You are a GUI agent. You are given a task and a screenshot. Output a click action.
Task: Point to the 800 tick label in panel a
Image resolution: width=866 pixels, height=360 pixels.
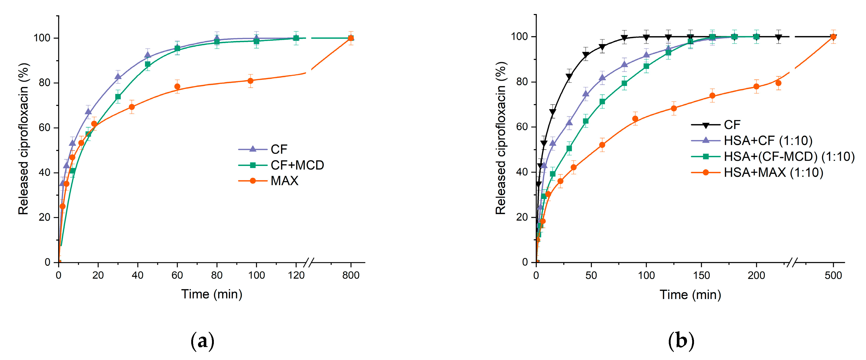[x=351, y=275]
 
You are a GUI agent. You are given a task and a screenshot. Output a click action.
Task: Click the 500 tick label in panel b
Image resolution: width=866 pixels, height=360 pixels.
[x=833, y=275]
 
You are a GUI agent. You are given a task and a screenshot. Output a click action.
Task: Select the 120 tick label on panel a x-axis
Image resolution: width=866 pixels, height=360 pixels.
[x=296, y=275]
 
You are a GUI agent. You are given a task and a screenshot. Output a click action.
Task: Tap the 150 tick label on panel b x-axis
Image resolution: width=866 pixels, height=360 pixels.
[x=701, y=275]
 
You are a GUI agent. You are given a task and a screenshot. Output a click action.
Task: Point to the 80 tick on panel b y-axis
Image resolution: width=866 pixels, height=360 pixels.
[x=522, y=82]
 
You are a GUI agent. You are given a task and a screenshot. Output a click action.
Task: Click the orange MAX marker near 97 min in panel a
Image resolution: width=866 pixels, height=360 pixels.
[x=250, y=81]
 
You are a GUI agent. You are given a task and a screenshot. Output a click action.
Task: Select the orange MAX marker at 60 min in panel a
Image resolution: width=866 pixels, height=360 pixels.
[x=177, y=86]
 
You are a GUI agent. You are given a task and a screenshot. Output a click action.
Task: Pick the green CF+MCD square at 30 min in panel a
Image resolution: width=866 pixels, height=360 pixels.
[x=118, y=97]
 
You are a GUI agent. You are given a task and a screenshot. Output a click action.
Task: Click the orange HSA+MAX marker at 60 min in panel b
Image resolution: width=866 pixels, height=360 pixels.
[x=602, y=145]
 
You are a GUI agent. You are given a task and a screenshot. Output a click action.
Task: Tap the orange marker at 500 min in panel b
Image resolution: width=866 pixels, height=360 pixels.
[x=833, y=37]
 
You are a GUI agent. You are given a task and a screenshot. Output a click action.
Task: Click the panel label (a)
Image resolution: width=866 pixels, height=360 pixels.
[x=202, y=341]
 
